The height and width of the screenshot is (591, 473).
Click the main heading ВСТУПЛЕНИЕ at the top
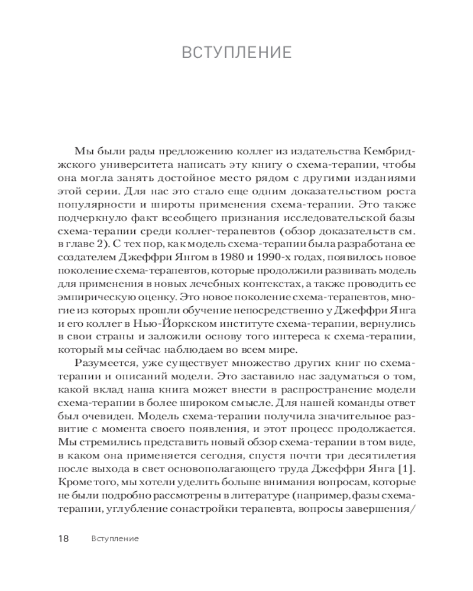click(x=237, y=53)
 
